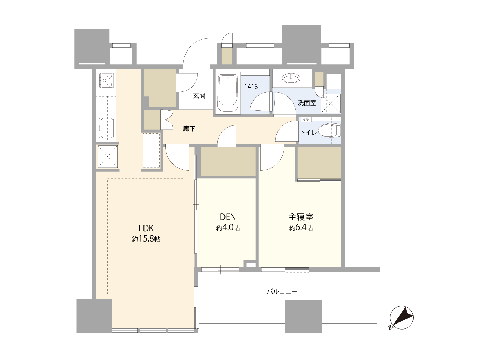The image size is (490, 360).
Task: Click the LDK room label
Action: click(146, 229)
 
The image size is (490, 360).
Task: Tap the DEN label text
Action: click(228, 217)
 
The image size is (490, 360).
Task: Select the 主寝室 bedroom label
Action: click(301, 217)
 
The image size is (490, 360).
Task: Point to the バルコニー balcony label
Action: click(282, 292)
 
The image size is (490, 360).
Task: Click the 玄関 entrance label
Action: click(199, 95)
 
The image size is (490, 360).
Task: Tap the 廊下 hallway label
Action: click(189, 129)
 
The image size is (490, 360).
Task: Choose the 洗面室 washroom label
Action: click(307, 103)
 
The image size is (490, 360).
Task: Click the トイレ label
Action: click(308, 132)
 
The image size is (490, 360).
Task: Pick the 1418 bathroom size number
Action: click(251, 87)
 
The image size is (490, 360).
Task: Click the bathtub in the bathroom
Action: click(228, 93)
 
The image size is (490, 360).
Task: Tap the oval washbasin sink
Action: click(291, 78)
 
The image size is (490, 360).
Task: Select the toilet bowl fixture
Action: click(329, 130)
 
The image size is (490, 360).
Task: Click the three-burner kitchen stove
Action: click(106, 80)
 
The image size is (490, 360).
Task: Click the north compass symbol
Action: click(401, 318)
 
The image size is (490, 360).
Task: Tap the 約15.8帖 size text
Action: click(146, 239)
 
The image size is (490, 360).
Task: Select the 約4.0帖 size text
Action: click(228, 228)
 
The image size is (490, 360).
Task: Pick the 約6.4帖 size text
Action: click(301, 228)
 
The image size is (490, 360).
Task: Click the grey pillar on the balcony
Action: click(303, 317)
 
